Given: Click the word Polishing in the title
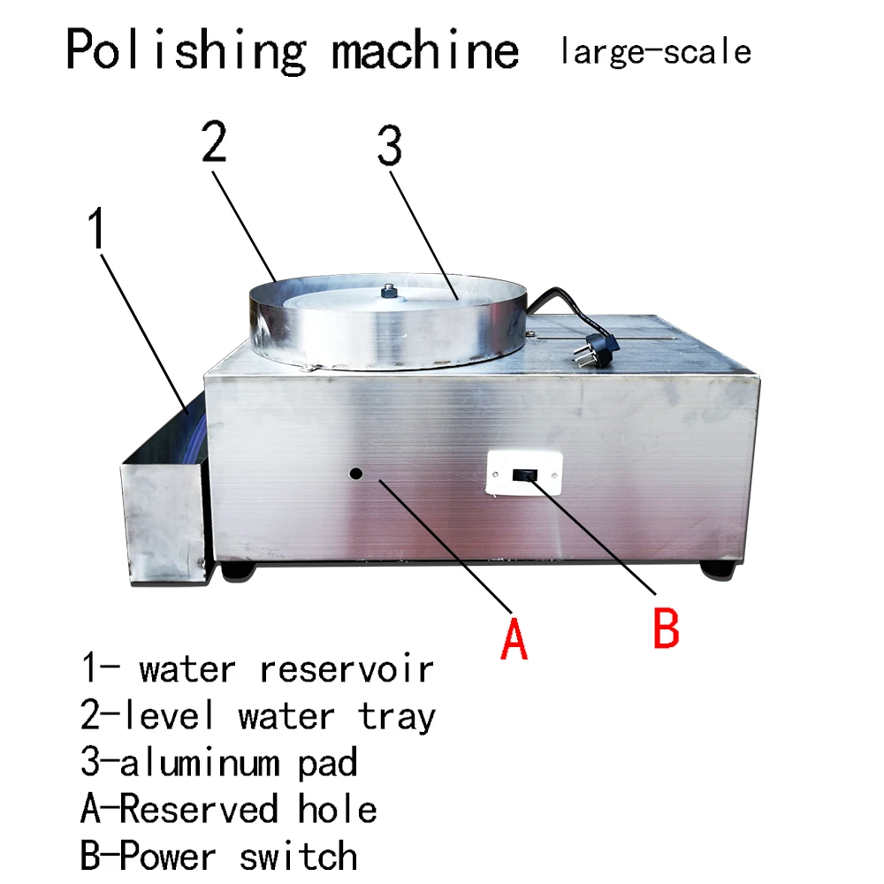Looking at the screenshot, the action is click(186, 50).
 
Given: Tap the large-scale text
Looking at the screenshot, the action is click(655, 50).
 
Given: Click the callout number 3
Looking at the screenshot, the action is click(389, 149).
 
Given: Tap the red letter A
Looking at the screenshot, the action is click(513, 638).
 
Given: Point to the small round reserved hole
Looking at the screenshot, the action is click(355, 473).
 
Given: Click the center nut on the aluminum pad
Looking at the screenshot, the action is click(387, 291).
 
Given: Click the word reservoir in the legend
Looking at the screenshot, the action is click(347, 669).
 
